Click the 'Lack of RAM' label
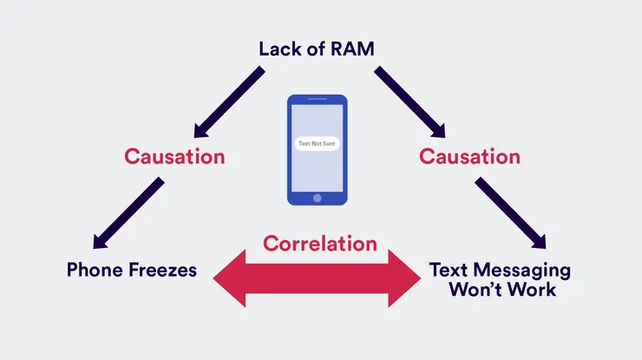(317, 48)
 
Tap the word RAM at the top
(353, 48)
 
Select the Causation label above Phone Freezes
(174, 157)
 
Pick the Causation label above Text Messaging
(469, 157)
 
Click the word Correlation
(320, 243)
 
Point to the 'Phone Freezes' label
(132, 270)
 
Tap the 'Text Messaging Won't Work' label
(501, 279)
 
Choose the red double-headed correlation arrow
(320, 278)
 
